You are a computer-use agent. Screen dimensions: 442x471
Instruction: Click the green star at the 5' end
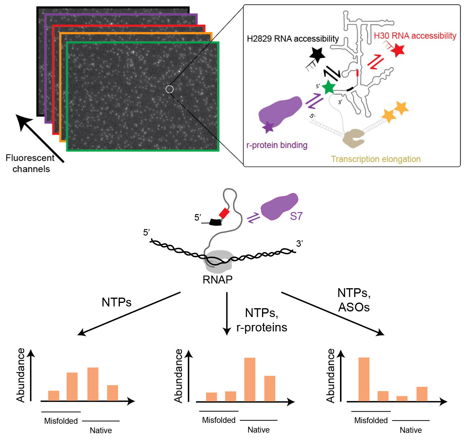pos(329,87)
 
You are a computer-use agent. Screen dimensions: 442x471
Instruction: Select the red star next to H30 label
pos(398,50)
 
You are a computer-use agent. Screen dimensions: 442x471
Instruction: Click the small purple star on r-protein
pos(268,127)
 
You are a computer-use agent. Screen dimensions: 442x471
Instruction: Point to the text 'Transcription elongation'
pos(376,159)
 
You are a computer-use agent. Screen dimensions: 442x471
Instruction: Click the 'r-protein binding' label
pos(277,145)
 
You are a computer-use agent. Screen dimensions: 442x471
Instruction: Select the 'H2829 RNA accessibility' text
pos(293,39)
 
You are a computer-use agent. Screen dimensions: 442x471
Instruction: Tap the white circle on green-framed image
pos(170,89)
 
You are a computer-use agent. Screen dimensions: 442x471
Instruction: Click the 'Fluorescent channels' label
pos(30,164)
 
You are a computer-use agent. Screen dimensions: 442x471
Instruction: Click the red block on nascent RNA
pos(224,213)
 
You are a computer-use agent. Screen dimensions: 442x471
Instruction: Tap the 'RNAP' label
pos(218,280)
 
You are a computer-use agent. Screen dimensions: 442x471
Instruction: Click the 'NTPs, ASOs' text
pos(354,300)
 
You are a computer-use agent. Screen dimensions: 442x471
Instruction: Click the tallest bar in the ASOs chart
pos(364,379)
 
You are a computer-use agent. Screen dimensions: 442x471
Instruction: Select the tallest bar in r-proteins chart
pos(250,379)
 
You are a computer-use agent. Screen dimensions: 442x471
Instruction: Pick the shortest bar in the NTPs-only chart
pos(54,396)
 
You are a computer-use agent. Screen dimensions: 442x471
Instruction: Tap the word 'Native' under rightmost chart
pos(411,430)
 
